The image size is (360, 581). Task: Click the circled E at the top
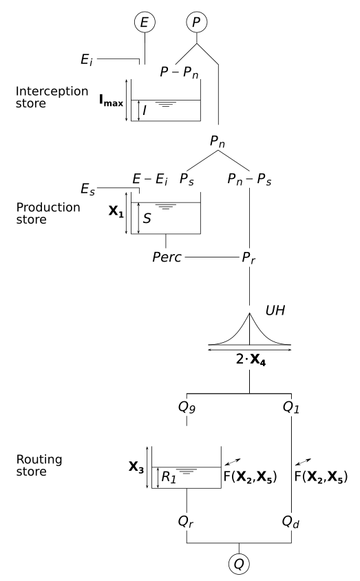[x=144, y=23]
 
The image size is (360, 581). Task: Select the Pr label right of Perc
[x=249, y=259]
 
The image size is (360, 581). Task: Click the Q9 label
[x=188, y=408]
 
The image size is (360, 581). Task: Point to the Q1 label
[x=293, y=408]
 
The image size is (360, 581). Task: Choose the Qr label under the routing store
[x=187, y=522]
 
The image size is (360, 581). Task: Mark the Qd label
[x=293, y=522]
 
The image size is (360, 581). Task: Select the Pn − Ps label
[x=249, y=180]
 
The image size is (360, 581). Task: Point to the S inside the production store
[x=147, y=219]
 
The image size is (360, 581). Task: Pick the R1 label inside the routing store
[x=167, y=475]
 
